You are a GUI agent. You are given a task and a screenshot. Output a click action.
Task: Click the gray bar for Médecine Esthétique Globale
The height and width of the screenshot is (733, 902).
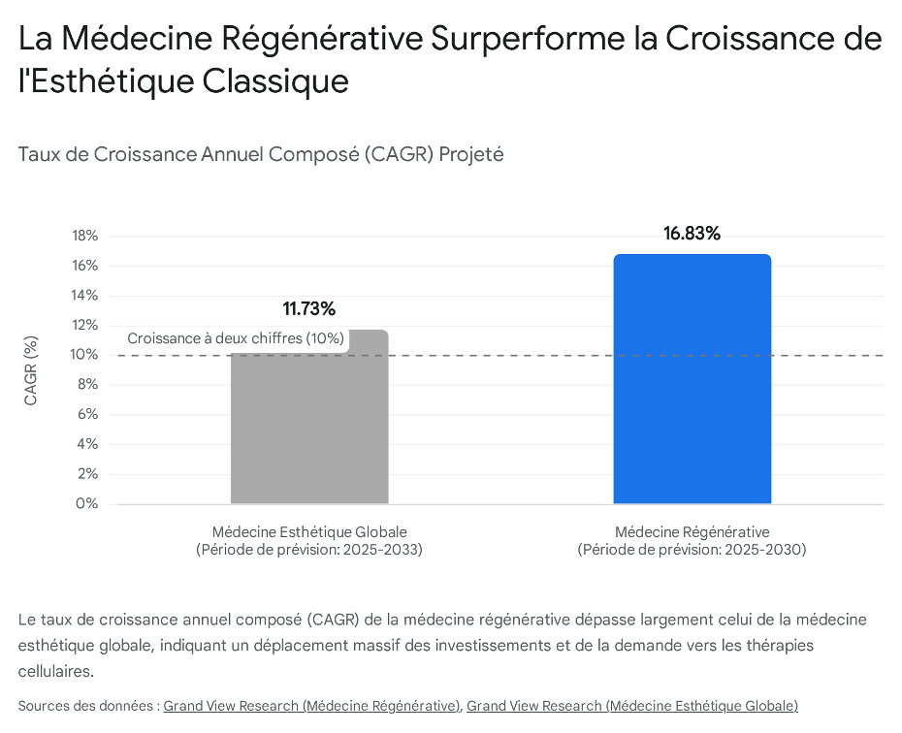(x=309, y=427)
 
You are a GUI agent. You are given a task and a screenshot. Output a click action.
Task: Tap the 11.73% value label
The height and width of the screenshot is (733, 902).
(x=309, y=309)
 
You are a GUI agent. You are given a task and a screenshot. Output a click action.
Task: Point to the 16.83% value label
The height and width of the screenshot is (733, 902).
(x=692, y=234)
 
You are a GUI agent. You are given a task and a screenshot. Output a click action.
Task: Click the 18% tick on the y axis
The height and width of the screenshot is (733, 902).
(x=85, y=236)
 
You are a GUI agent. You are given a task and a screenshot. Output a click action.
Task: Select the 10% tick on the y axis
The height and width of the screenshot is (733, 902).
(x=85, y=355)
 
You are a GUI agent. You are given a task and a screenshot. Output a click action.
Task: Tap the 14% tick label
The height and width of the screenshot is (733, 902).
(x=85, y=296)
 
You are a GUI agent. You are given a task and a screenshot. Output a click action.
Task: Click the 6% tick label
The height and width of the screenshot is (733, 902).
(x=88, y=414)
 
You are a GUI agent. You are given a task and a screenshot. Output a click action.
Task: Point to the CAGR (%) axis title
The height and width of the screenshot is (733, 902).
(x=32, y=370)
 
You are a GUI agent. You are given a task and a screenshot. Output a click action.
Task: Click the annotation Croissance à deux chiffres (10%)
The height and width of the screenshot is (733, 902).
(x=236, y=338)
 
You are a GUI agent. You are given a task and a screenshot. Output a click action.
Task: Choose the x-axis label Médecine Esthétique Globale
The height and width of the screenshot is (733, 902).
(x=309, y=532)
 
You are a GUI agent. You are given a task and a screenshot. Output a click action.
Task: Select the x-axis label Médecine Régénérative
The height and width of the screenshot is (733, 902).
(x=692, y=532)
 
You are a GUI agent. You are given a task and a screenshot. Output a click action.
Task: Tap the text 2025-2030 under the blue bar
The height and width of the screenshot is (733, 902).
(x=770, y=550)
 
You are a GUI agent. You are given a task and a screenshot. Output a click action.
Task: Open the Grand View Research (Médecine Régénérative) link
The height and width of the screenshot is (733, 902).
(x=311, y=706)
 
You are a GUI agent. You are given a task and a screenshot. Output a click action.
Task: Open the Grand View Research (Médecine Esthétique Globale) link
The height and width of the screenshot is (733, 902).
(x=631, y=706)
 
